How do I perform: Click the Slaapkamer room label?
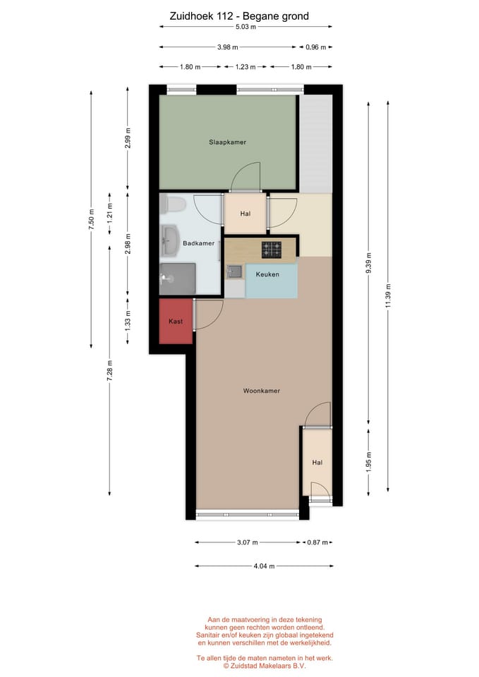(228, 142)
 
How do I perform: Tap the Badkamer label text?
(199, 243)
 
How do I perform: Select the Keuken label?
(267, 274)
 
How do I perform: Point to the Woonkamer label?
(261, 391)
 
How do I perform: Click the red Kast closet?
(176, 322)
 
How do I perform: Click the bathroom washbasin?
(170, 240)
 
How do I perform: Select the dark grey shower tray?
(178, 279)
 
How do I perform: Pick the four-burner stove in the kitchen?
(272, 250)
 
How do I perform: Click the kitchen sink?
(235, 272)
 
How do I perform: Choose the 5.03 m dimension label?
(245, 27)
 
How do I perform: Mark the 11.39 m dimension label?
(388, 296)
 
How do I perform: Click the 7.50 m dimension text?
(91, 219)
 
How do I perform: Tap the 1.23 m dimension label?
(245, 67)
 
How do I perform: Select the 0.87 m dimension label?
(317, 542)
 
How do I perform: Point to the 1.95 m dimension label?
(368, 463)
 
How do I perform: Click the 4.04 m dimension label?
(264, 566)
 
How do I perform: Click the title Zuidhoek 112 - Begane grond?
(239, 16)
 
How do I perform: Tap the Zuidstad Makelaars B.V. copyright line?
(265, 666)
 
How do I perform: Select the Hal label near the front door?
(317, 463)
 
